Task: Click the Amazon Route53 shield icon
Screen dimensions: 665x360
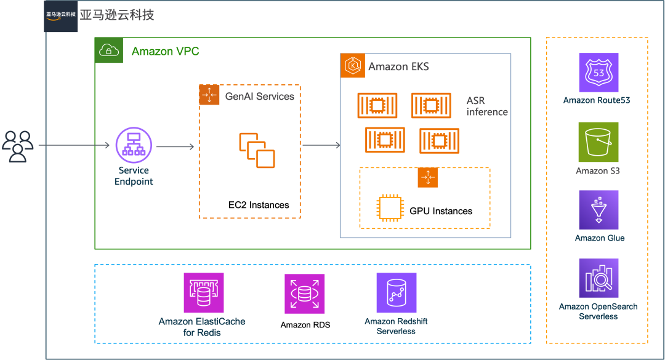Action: pyautogui.click(x=598, y=73)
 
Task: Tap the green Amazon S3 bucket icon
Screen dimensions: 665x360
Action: pyautogui.click(x=598, y=142)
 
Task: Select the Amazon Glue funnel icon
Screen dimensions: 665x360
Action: pyautogui.click(x=598, y=210)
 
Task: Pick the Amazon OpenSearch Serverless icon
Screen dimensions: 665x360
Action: pyautogui.click(x=598, y=278)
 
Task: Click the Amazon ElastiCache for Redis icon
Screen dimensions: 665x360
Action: pyautogui.click(x=204, y=292)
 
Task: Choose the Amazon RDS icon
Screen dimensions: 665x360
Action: pyautogui.click(x=305, y=294)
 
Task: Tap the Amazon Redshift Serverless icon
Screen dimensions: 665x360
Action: pyautogui.click(x=397, y=292)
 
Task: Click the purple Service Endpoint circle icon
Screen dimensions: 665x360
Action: pyautogui.click(x=134, y=145)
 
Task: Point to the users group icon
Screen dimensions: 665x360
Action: pyautogui.click(x=17, y=146)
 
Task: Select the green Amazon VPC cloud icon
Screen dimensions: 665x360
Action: pyautogui.click(x=109, y=50)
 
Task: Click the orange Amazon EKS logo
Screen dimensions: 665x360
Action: pyautogui.click(x=352, y=66)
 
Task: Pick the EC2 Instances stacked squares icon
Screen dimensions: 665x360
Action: pyautogui.click(x=257, y=151)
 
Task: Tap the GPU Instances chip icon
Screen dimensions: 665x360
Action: pyautogui.click(x=390, y=208)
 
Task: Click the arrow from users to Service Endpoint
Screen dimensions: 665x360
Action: pyautogui.click(x=75, y=145)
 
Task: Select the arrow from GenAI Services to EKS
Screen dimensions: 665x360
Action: pyautogui.click(x=321, y=145)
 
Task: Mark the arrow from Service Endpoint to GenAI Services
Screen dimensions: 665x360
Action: pyautogui.click(x=175, y=146)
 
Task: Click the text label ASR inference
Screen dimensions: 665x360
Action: pyautogui.click(x=487, y=106)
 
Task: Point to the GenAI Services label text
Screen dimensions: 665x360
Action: pyautogui.click(x=260, y=96)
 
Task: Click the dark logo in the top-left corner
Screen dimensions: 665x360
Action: pyautogui.click(x=60, y=16)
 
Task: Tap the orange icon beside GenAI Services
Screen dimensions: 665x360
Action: pyautogui.click(x=209, y=95)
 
